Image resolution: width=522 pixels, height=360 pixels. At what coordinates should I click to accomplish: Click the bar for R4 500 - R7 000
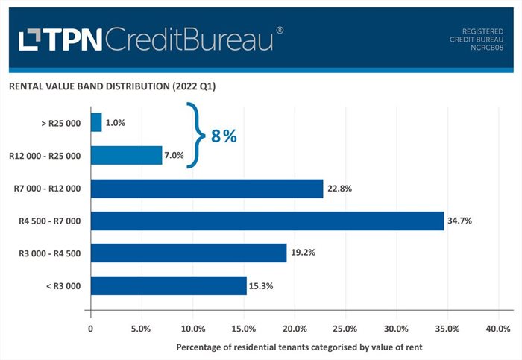(x=267, y=221)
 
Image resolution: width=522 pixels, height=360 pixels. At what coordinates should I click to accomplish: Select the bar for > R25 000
(x=96, y=122)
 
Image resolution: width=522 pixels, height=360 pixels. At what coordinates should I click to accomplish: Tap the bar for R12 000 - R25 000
(x=126, y=155)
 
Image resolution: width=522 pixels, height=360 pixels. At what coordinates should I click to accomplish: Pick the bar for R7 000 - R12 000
(x=207, y=189)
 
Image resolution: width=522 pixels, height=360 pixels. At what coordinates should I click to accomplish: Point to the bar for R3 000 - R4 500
(x=188, y=253)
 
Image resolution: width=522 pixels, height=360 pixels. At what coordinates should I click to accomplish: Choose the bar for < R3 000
(x=168, y=285)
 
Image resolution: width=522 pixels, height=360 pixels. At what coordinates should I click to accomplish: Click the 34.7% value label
(x=460, y=221)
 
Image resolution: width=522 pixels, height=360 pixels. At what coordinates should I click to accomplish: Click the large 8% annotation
(x=223, y=136)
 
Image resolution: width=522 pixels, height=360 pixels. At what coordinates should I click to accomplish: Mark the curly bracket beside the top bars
(x=195, y=136)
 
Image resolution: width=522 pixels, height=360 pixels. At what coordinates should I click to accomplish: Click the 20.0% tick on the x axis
(x=294, y=329)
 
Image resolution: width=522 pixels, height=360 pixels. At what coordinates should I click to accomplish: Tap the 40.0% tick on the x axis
(x=497, y=329)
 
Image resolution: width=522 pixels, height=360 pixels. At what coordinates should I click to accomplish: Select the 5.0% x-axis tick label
(x=141, y=329)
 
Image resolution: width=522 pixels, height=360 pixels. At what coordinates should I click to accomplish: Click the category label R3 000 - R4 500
(x=50, y=253)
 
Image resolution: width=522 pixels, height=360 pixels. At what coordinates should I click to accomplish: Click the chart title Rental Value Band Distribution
(x=112, y=86)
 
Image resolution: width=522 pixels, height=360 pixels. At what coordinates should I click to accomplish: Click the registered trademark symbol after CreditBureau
(x=280, y=31)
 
